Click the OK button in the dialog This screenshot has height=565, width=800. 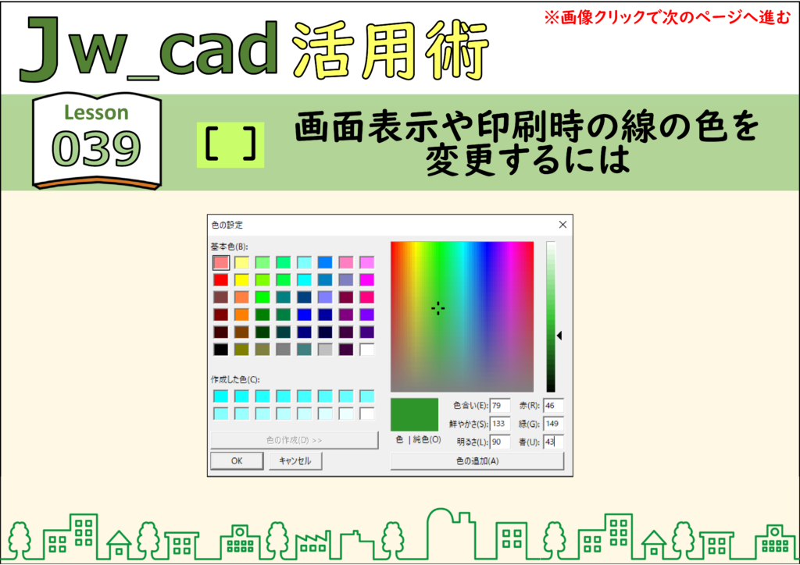tap(237, 460)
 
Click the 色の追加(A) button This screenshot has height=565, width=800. tap(477, 460)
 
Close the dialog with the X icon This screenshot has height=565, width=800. tap(562, 225)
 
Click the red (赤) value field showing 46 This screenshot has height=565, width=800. tap(553, 406)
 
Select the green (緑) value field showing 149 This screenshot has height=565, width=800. tap(553, 424)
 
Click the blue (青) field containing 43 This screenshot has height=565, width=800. tap(553, 442)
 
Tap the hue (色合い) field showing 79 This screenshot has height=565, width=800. tap(499, 406)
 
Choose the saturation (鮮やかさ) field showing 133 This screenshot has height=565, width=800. tap(499, 424)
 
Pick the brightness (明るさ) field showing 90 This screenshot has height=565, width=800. tap(499, 442)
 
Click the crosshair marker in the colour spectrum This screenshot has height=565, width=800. tap(437, 308)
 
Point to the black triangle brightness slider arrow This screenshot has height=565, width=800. tap(559, 336)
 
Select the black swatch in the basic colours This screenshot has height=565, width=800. tap(221, 350)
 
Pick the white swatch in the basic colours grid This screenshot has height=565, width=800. tap(366, 350)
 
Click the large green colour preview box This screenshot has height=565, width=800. tap(414, 414)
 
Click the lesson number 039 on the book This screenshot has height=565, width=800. tap(96, 148)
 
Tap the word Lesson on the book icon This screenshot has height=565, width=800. tap(96, 112)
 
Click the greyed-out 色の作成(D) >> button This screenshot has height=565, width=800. tap(295, 440)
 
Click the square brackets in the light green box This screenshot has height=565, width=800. tap(230, 144)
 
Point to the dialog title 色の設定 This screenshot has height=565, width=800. tap(227, 225)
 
